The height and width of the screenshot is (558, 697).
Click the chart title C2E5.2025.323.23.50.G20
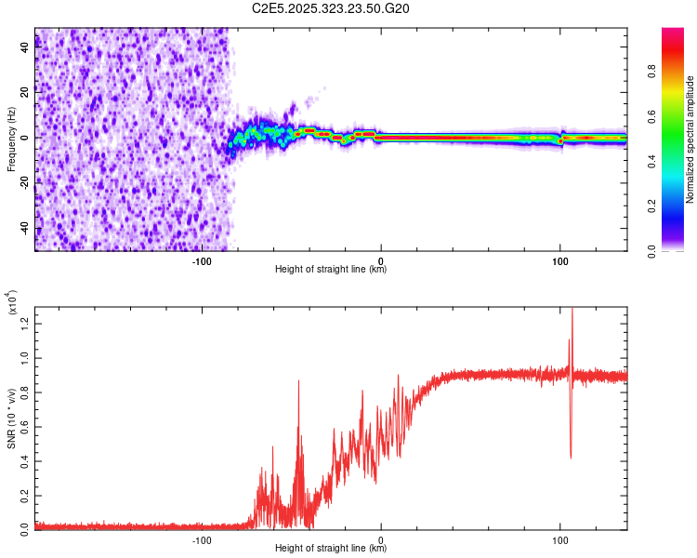[331, 8]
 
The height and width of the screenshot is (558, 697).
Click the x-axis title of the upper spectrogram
[331, 270]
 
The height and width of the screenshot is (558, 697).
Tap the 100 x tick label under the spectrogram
[559, 261]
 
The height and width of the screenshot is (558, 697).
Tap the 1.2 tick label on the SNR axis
[23, 324]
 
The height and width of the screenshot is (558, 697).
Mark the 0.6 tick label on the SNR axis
[23, 426]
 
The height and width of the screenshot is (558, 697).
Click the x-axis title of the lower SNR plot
[331, 548]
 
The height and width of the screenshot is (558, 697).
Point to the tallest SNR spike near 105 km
[572, 311]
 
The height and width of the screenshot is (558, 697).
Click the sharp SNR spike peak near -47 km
[298, 381]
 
